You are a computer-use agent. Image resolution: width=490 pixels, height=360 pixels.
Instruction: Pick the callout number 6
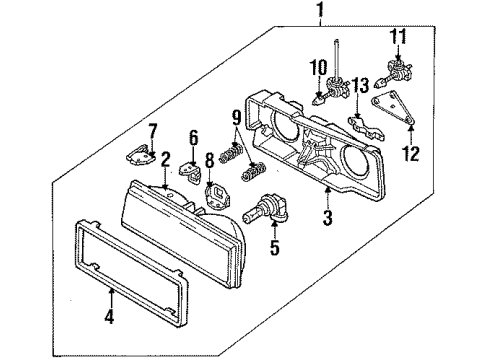[195, 139]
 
